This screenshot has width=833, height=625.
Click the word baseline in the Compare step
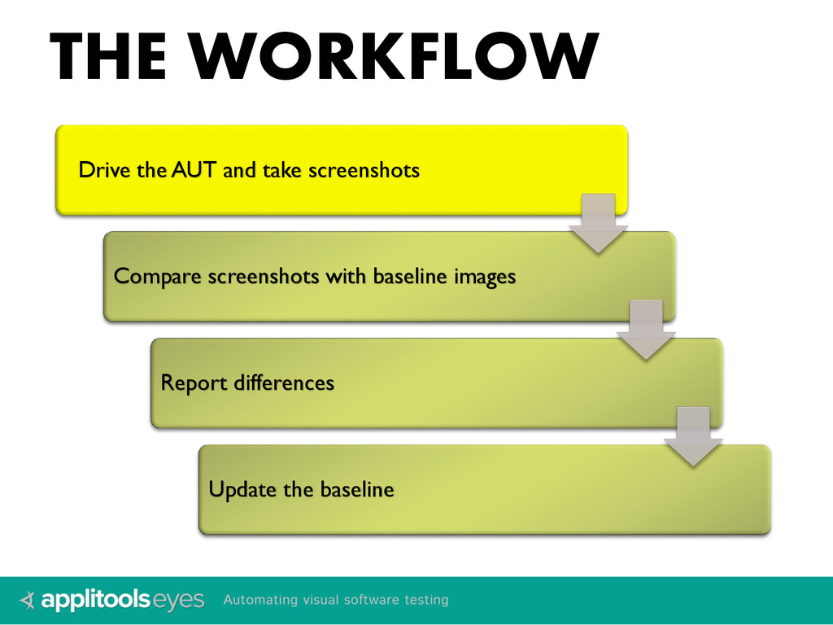click(x=410, y=277)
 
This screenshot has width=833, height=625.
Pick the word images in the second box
click(x=485, y=278)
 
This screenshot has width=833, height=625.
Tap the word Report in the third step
click(x=194, y=382)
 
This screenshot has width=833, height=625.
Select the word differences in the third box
click(x=284, y=382)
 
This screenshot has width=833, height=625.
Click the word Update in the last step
click(x=242, y=489)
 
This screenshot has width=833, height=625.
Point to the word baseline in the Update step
click(x=356, y=489)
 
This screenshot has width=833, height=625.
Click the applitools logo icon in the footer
click(x=28, y=601)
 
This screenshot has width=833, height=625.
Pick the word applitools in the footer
click(x=96, y=601)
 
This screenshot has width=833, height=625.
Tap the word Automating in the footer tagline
click(x=260, y=601)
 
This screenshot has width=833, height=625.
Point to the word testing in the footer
click(x=425, y=600)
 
